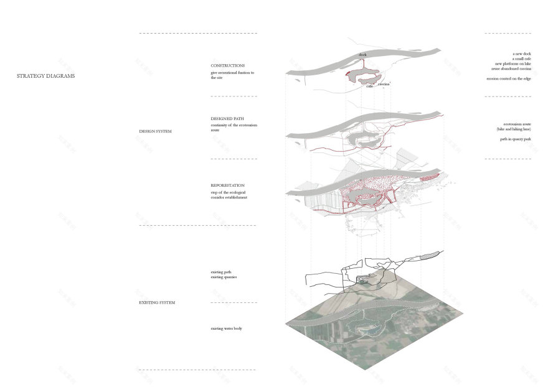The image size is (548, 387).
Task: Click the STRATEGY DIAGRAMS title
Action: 45,76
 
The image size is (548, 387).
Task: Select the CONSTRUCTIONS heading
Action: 227,65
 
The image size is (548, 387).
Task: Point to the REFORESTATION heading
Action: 227,185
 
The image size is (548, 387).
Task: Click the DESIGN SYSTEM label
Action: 156,132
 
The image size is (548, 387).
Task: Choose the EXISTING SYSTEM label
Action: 157,302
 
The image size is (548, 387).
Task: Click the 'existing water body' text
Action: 226,328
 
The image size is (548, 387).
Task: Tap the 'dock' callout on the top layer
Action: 362,55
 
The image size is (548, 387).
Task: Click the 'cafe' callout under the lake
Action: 369,86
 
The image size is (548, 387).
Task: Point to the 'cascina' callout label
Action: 384,83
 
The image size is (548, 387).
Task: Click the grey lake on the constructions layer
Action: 361,76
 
